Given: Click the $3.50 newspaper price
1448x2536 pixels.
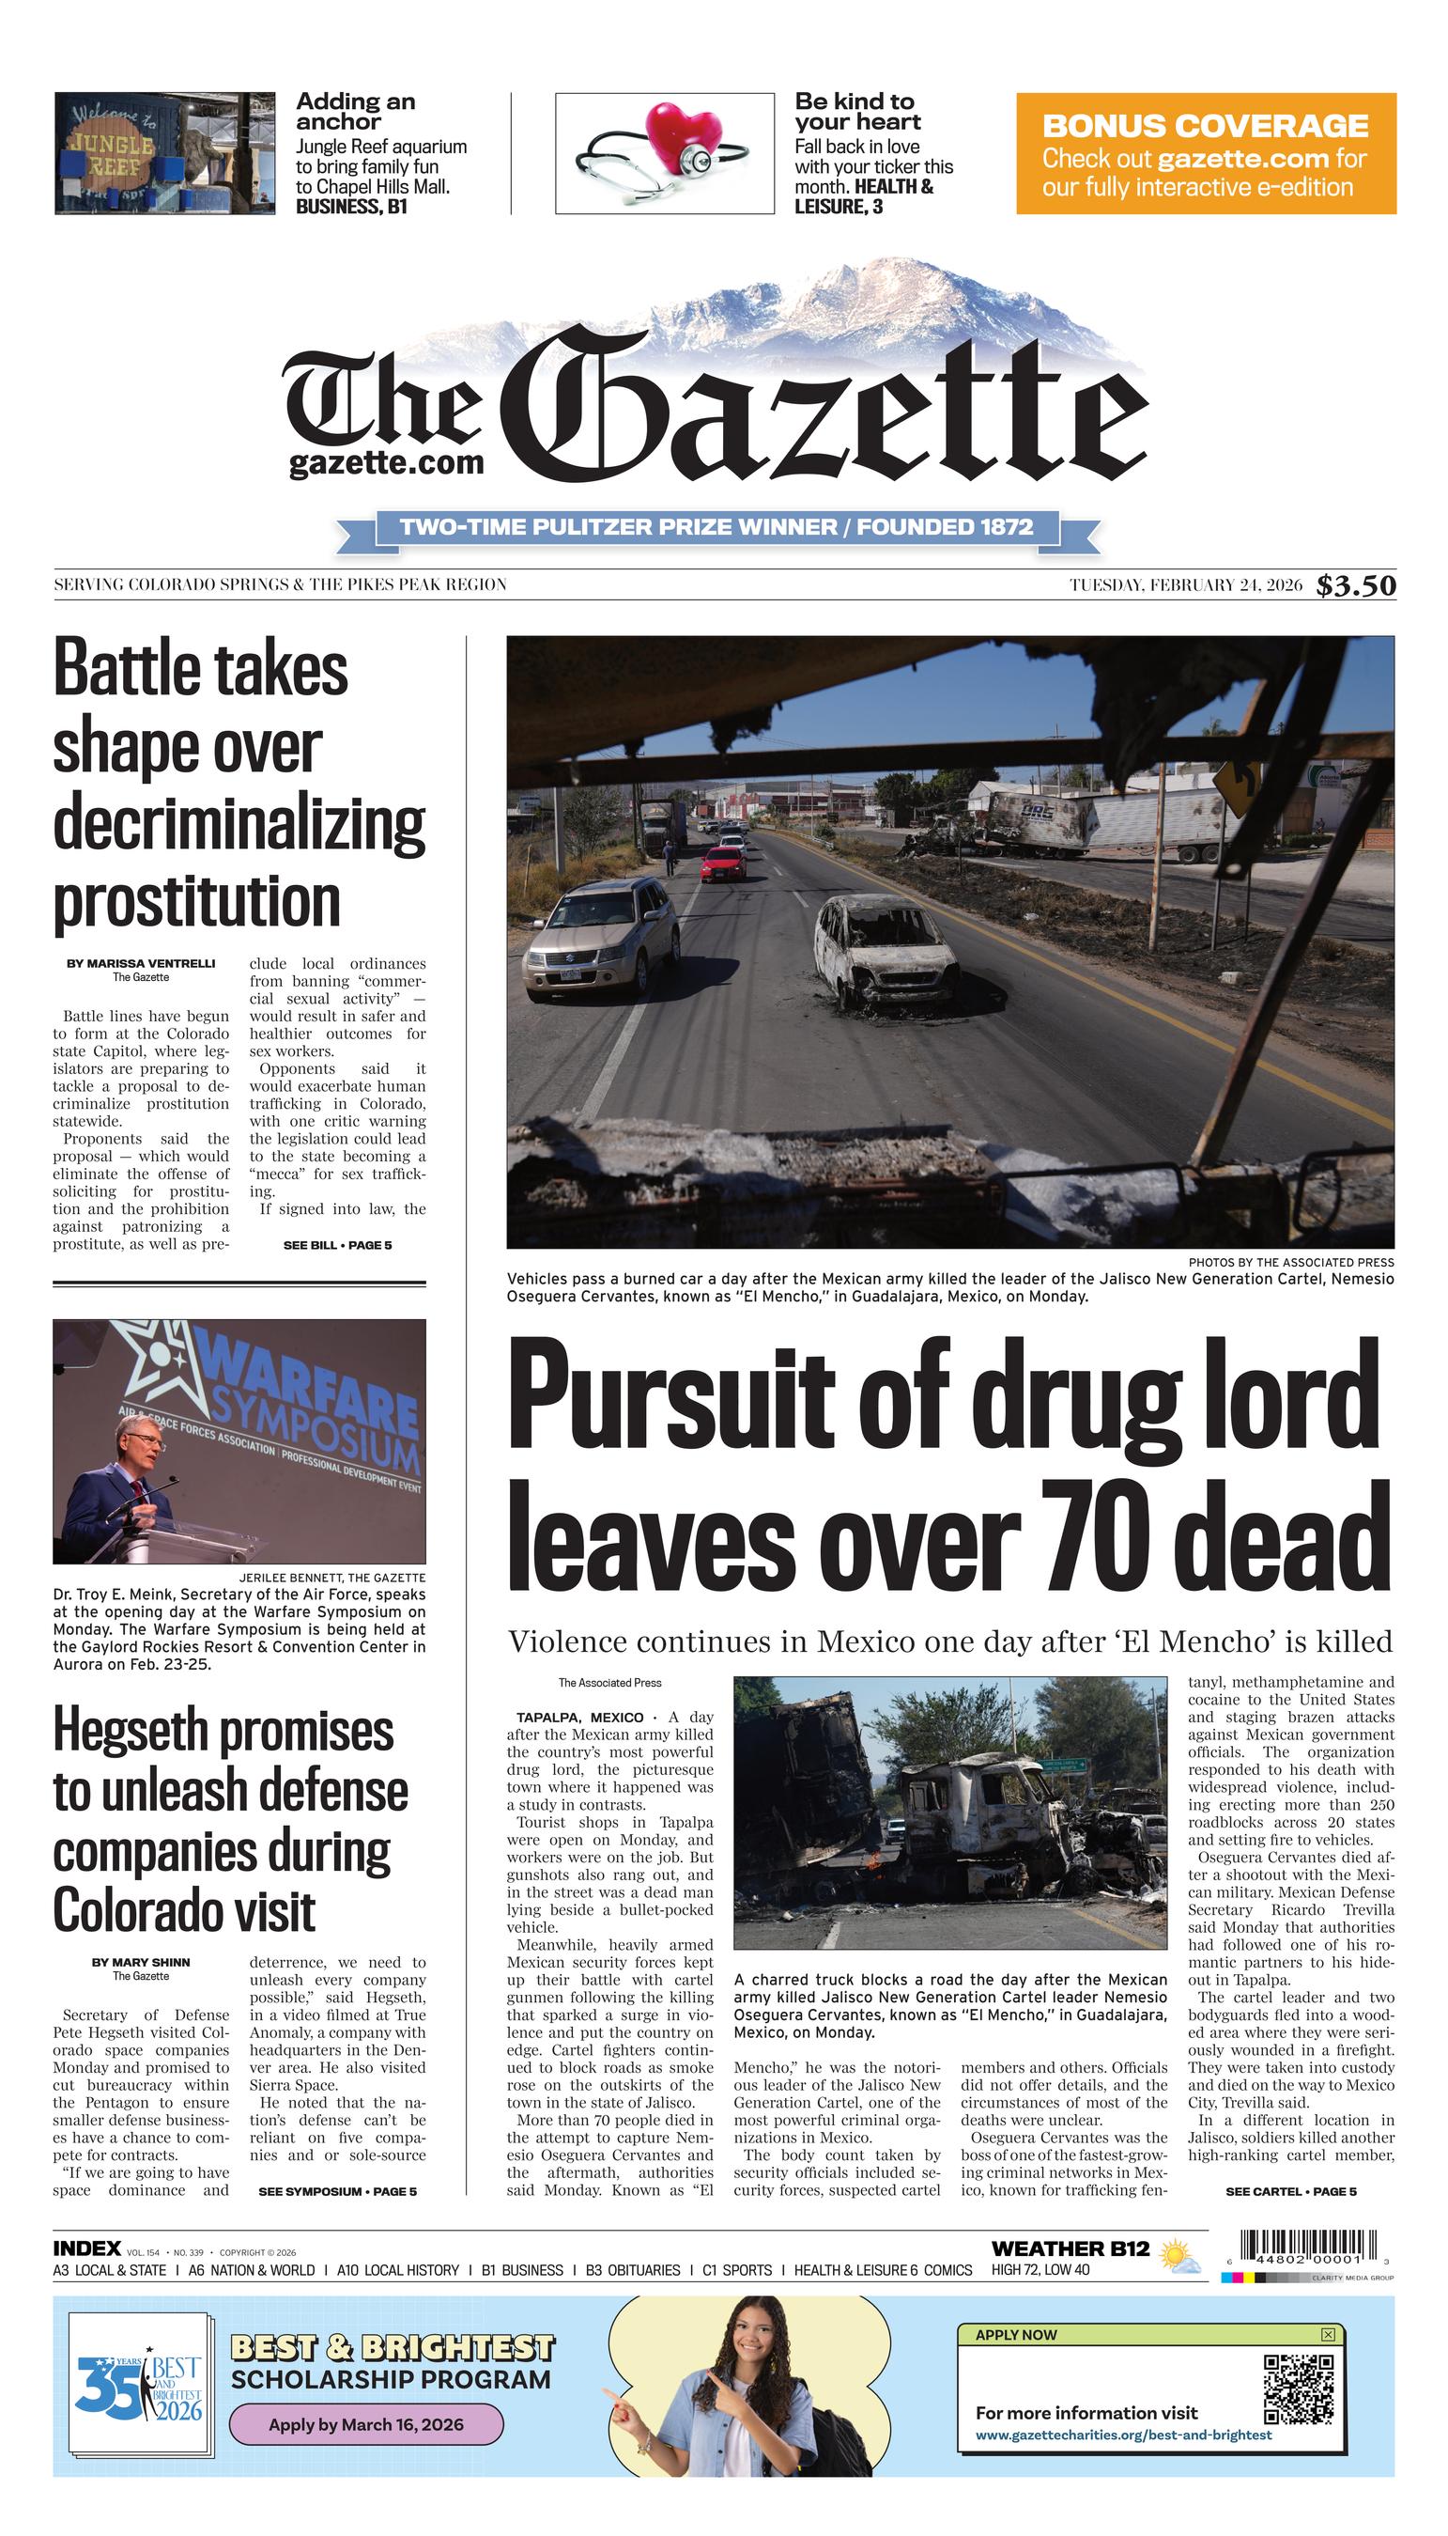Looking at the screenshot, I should (1356, 585).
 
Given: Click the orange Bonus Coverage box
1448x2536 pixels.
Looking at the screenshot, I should (1206, 153).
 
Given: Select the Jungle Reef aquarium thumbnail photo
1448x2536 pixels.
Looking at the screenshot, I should (164, 153).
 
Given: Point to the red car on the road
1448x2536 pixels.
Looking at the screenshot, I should (722, 863).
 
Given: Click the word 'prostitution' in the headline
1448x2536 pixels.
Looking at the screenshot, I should (196, 900).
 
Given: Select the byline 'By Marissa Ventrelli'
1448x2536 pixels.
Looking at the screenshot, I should (140, 963).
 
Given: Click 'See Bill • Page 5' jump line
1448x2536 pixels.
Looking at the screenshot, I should (337, 1245).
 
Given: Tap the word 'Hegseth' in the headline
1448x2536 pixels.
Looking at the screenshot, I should (130, 1732).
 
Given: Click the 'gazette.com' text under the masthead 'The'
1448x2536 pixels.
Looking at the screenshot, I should (386, 462).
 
